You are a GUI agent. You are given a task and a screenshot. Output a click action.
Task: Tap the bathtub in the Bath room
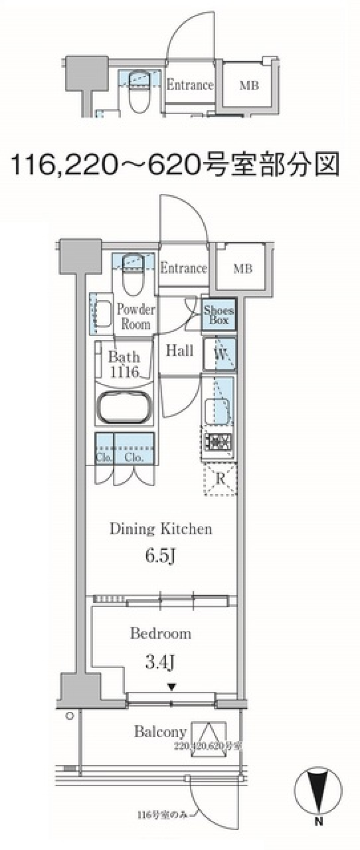click(x=124, y=408)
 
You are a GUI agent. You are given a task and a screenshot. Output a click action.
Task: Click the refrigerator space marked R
click(x=220, y=479)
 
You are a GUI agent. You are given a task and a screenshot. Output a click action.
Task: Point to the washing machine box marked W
click(x=220, y=354)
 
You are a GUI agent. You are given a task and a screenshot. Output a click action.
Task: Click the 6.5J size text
click(x=160, y=557)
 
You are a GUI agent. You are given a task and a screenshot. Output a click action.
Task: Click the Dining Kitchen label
click(x=161, y=529)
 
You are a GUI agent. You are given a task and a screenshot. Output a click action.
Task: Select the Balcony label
click(x=160, y=732)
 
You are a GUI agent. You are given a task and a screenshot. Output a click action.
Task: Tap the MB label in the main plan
click(x=243, y=269)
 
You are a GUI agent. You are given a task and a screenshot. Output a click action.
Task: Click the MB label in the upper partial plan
click(x=249, y=86)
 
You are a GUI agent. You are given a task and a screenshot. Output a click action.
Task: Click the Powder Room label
click(x=135, y=317)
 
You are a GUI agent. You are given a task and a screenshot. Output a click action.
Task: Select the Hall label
click(x=180, y=351)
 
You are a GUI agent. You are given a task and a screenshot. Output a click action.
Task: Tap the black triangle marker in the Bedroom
click(x=171, y=687)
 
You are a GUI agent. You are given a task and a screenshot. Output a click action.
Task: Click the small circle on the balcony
click(x=70, y=716)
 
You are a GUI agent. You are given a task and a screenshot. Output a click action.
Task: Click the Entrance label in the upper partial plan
click(x=190, y=85)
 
